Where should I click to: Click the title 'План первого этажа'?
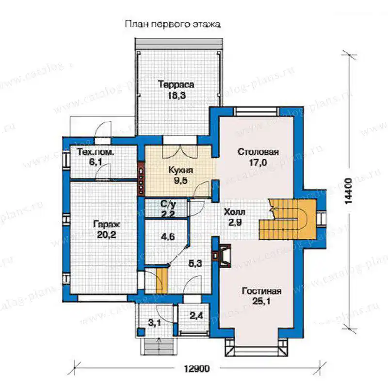point(173,24)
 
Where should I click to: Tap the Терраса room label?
point(176,84)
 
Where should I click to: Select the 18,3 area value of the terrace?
point(177,96)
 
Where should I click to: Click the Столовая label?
point(258,152)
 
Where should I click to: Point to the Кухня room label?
point(180,170)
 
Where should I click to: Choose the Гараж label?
point(107,225)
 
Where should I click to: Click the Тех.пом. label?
point(96,152)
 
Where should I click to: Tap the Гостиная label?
point(261,291)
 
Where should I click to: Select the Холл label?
point(235,212)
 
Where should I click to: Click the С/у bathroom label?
point(168,204)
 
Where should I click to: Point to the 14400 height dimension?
point(348,191)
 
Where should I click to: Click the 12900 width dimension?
point(197,369)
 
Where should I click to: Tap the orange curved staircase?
point(288,219)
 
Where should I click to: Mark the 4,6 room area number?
point(167,237)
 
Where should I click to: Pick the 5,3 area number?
point(195,263)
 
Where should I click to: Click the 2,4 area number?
point(196,316)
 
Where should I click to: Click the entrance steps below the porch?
point(158,346)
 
